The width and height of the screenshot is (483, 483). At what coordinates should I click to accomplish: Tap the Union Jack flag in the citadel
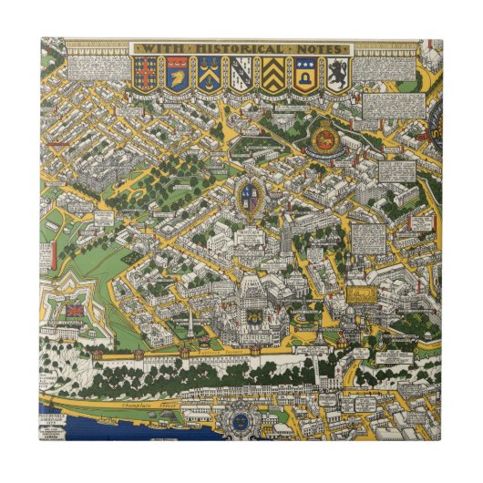click(72, 310)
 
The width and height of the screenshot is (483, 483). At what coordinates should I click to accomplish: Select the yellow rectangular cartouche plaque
click(360, 294)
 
